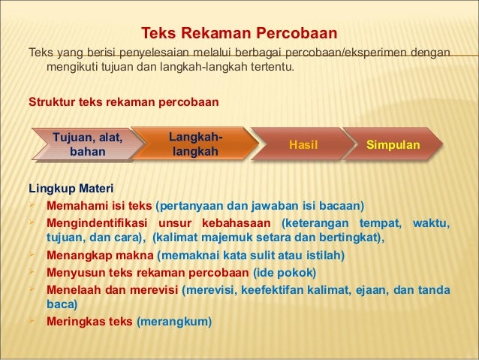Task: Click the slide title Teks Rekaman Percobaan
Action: [239, 35]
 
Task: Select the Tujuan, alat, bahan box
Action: [86, 144]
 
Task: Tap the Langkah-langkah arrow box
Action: [194, 144]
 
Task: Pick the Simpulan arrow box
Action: [393, 144]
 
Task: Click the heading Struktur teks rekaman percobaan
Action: [123, 101]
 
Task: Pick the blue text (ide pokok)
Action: [285, 272]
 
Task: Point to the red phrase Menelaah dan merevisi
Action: [112, 289]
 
